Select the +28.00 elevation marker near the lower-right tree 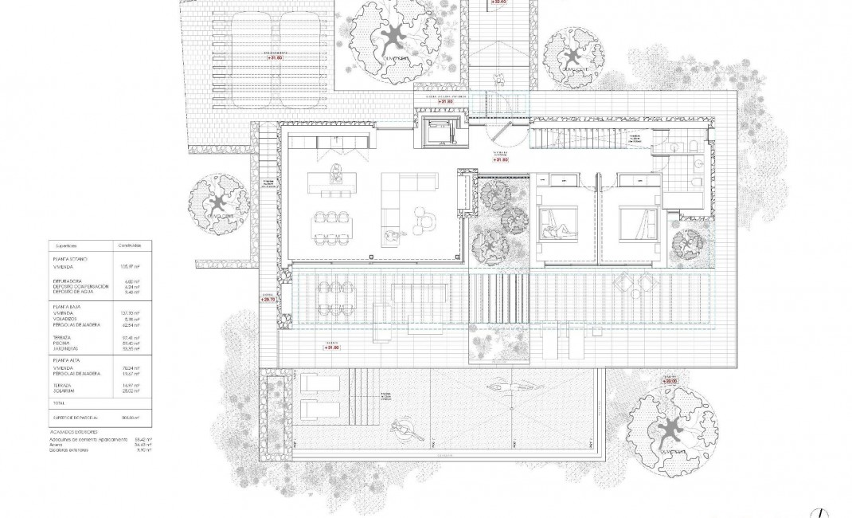point(669,382)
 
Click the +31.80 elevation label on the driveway point(276,57)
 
